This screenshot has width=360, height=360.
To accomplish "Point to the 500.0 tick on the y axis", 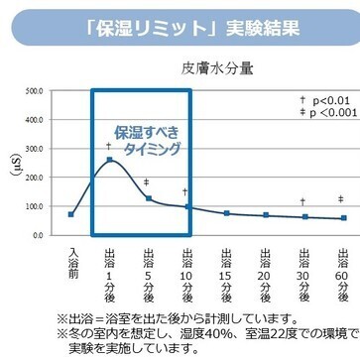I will [x=33, y=89].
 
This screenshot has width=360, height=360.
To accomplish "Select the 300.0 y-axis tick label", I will [x=33, y=148].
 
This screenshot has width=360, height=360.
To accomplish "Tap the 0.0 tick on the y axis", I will [x=36, y=235].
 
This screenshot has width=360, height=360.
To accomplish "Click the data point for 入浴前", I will [x=71, y=214].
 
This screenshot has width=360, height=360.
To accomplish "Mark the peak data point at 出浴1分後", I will [x=110, y=159].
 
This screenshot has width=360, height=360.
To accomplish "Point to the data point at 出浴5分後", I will [x=148, y=198].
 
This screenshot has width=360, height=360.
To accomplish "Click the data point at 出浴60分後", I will [x=343, y=218].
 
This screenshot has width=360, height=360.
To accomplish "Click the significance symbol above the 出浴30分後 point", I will [x=304, y=202].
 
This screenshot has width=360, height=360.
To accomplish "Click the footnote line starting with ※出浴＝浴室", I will [x=179, y=318].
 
